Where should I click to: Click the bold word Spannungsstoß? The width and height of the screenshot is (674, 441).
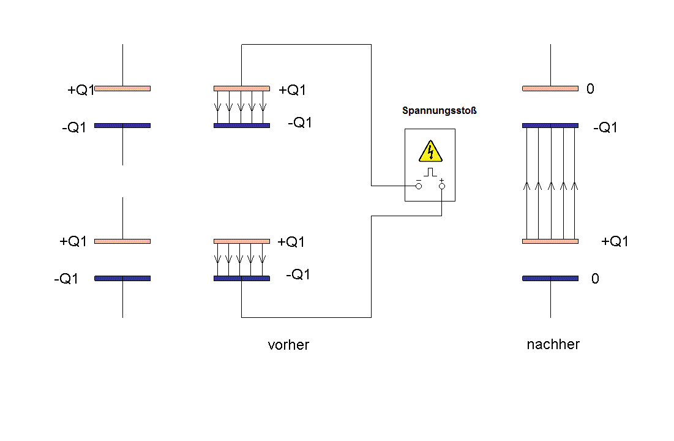pyautogui.click(x=440, y=111)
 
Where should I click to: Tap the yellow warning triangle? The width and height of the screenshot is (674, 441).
pyautogui.click(x=430, y=151)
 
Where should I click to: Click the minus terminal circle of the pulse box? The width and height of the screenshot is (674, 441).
pyautogui.click(x=419, y=186)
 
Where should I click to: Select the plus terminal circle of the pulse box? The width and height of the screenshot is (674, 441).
pyautogui.click(x=442, y=186)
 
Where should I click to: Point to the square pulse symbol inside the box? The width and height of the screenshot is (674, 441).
pyautogui.click(x=430, y=172)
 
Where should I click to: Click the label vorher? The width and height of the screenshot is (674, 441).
pyautogui.click(x=288, y=345)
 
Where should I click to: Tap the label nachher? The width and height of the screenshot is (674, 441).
pyautogui.click(x=553, y=344)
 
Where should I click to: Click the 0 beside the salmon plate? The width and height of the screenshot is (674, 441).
pyautogui.click(x=590, y=89)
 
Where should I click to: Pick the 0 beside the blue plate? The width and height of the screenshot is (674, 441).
pyautogui.click(x=595, y=279)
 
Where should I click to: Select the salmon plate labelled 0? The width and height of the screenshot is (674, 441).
pyautogui.click(x=550, y=89)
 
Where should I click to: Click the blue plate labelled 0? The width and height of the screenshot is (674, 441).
pyautogui.click(x=550, y=278)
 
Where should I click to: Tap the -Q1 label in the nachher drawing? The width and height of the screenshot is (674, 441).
pyautogui.click(x=605, y=127)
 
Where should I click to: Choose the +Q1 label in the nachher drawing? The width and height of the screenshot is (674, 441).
pyautogui.click(x=615, y=241)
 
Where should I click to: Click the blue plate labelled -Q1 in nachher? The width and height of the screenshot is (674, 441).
pyautogui.click(x=550, y=126)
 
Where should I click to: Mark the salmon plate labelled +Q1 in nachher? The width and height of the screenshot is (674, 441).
pyautogui.click(x=550, y=241)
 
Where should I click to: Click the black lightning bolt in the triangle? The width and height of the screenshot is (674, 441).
pyautogui.click(x=430, y=151)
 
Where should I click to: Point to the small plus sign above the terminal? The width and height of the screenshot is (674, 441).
pyautogui.click(x=441, y=180)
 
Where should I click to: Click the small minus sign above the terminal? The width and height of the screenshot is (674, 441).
pyautogui.click(x=419, y=180)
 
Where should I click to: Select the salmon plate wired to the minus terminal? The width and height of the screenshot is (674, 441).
pyautogui.click(x=242, y=89)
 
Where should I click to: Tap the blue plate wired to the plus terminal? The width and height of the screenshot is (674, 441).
pyautogui.click(x=242, y=278)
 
